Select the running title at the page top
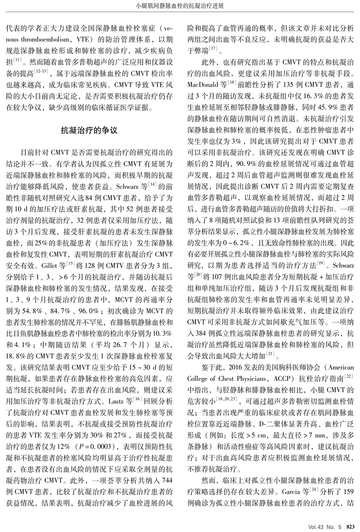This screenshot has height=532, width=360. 180,6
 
